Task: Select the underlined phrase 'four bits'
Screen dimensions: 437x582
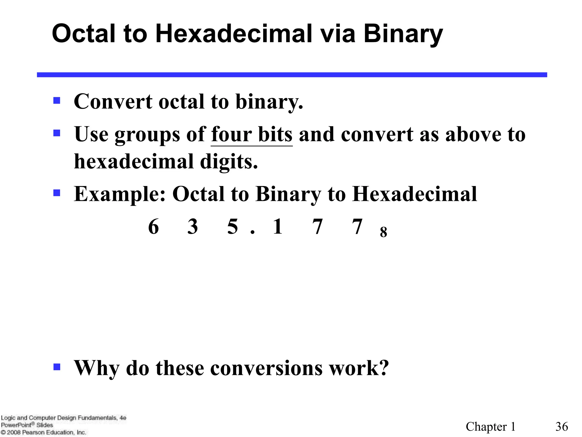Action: (x=251, y=134)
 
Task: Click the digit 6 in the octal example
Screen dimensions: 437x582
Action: (x=153, y=227)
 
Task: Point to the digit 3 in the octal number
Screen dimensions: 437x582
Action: (x=193, y=227)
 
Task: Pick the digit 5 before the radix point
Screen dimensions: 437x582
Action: (x=232, y=227)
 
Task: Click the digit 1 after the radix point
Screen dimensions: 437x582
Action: (x=278, y=227)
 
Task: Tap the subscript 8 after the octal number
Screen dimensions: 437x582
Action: (x=383, y=232)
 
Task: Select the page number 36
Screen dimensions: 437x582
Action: (x=562, y=427)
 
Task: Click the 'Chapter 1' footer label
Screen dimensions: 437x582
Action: (x=490, y=427)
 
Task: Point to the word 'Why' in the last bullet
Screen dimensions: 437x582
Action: (x=96, y=368)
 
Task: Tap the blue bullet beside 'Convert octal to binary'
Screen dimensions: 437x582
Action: (x=57, y=101)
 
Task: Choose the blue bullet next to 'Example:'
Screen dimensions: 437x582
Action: (x=57, y=193)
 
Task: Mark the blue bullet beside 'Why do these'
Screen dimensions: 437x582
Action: (x=57, y=367)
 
